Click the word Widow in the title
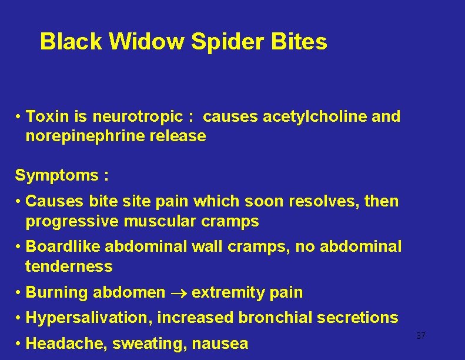pos(136,42)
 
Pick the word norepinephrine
pos(82,136)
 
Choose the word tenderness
pos(69,266)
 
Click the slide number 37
pos(420,336)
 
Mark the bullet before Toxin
pos(19,116)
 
